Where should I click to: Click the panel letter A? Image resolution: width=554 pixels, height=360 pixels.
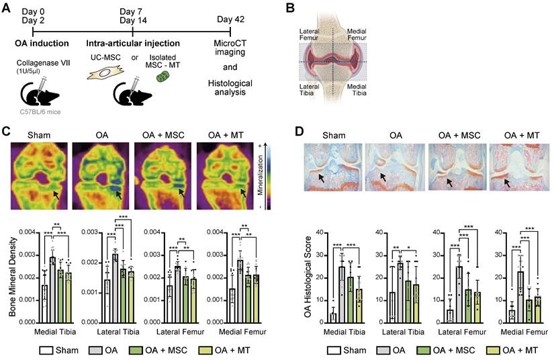(7, 9)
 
